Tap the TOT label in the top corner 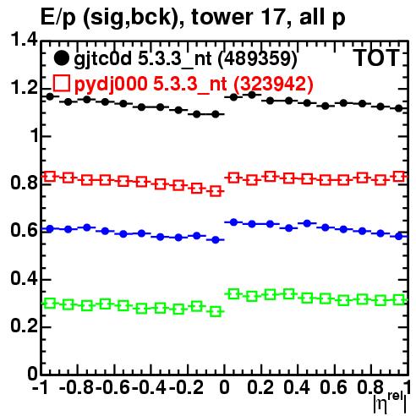tap(376, 58)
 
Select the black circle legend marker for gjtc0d tap(61, 58)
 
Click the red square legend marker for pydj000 tap(61, 83)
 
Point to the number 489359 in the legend tap(258, 58)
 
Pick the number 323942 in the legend tap(274, 84)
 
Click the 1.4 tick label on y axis tap(24, 40)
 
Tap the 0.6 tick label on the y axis tap(24, 230)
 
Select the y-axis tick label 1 tap(34, 135)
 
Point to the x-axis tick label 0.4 tap(297, 387)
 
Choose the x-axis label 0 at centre tap(224, 387)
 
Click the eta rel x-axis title tap(390, 403)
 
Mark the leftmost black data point tap(50, 96)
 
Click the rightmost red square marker tap(399, 177)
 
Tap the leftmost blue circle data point tap(50, 229)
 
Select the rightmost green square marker tap(399, 299)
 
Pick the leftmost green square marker tap(50, 304)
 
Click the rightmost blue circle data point tap(399, 236)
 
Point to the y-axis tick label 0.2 tap(24, 326)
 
